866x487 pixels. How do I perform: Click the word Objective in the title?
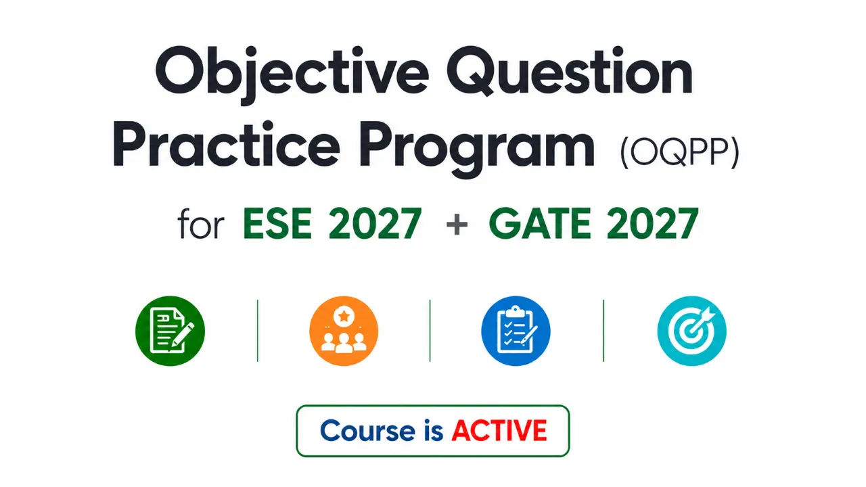292,74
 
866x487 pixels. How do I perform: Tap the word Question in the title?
570,71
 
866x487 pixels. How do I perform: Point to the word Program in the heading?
477,149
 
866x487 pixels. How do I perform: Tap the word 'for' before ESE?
201,224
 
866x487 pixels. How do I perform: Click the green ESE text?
277,223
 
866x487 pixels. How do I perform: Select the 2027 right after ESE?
375,223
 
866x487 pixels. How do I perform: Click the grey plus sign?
457,225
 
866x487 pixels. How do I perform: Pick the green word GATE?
540,223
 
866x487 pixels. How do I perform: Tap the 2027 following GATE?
653,223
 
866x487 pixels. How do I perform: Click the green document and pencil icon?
170,331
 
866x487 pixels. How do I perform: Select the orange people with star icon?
344,331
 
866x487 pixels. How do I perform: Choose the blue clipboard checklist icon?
516,331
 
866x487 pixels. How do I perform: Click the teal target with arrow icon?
691,331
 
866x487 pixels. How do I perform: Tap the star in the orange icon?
344,316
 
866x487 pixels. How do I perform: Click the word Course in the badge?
367,430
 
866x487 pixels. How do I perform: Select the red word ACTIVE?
499,430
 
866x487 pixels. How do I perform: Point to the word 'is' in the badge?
434,430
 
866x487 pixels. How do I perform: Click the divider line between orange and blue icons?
430,331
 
